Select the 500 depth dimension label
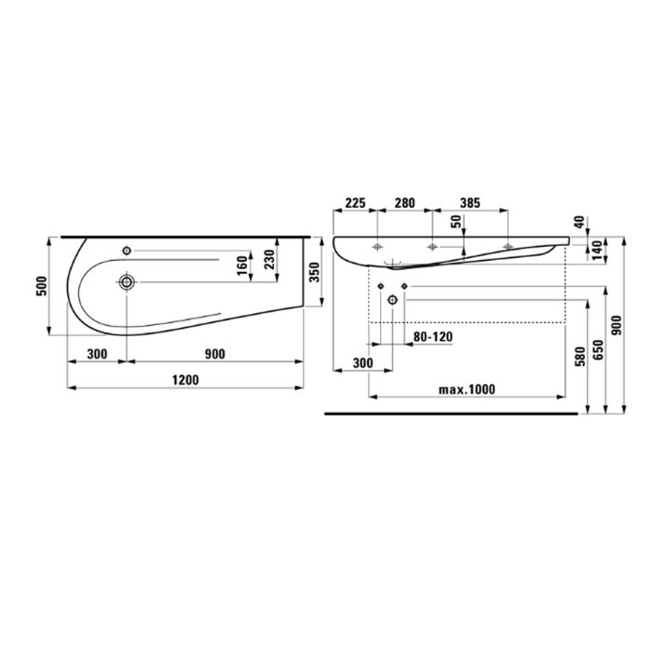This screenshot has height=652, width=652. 40,286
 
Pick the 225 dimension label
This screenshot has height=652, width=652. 353,202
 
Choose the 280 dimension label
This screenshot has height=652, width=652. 403,202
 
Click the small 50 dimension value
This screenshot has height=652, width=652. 455,223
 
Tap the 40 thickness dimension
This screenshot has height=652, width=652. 578,222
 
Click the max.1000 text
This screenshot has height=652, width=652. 467,388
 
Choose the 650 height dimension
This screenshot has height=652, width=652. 597,349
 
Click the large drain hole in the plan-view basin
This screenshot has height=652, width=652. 127,281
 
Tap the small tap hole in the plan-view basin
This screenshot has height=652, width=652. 128,251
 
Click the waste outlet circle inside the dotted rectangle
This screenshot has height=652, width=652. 392,299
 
